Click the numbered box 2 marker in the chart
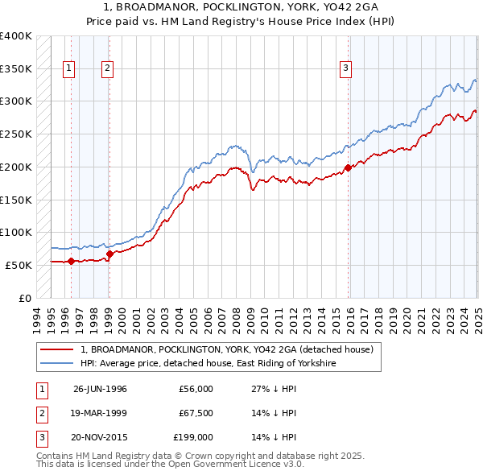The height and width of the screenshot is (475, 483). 107,69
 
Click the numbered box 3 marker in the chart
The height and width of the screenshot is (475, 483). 345,69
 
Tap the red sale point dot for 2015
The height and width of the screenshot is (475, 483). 349,167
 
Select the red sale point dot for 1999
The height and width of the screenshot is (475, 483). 109,253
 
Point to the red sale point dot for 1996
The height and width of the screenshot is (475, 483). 71,261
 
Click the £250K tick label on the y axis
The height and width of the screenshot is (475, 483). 15,134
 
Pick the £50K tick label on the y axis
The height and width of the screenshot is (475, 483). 19,265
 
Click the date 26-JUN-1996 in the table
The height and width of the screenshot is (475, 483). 100,389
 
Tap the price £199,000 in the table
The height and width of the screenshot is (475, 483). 193,437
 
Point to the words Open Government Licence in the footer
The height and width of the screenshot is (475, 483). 229,465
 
